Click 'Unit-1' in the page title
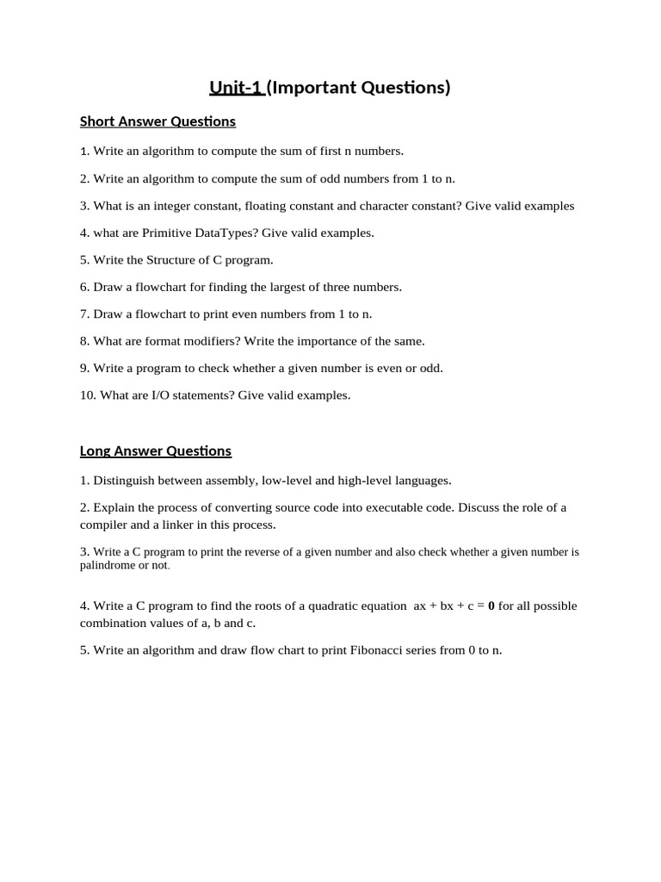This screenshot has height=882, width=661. point(236,87)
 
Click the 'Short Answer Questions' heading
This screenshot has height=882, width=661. point(158,121)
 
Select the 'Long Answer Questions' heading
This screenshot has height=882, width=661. point(156,450)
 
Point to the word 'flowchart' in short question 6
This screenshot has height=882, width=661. point(155,287)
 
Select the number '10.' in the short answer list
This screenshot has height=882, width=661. point(88,395)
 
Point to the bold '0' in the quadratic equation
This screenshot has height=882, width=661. point(491,606)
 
